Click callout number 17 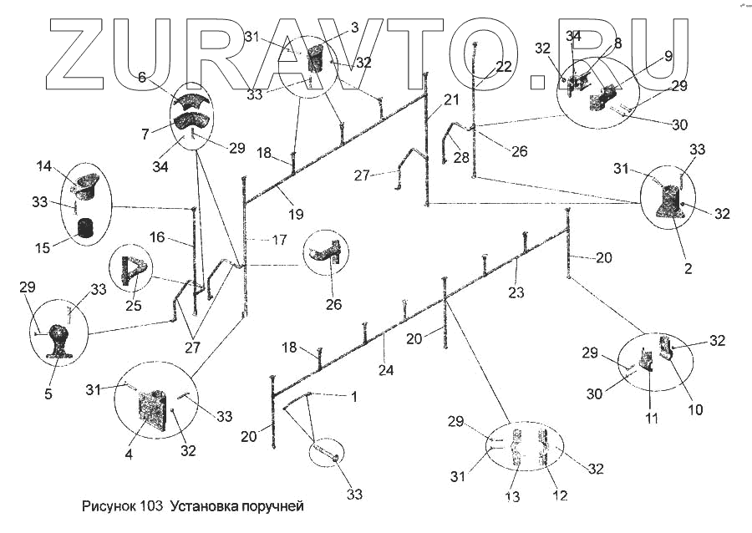pyautogui.click(x=279, y=240)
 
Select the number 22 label pyautogui.click(x=503, y=67)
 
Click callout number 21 pyautogui.click(x=451, y=99)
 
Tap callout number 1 pyautogui.click(x=353, y=397)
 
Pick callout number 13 pyautogui.click(x=512, y=497)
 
